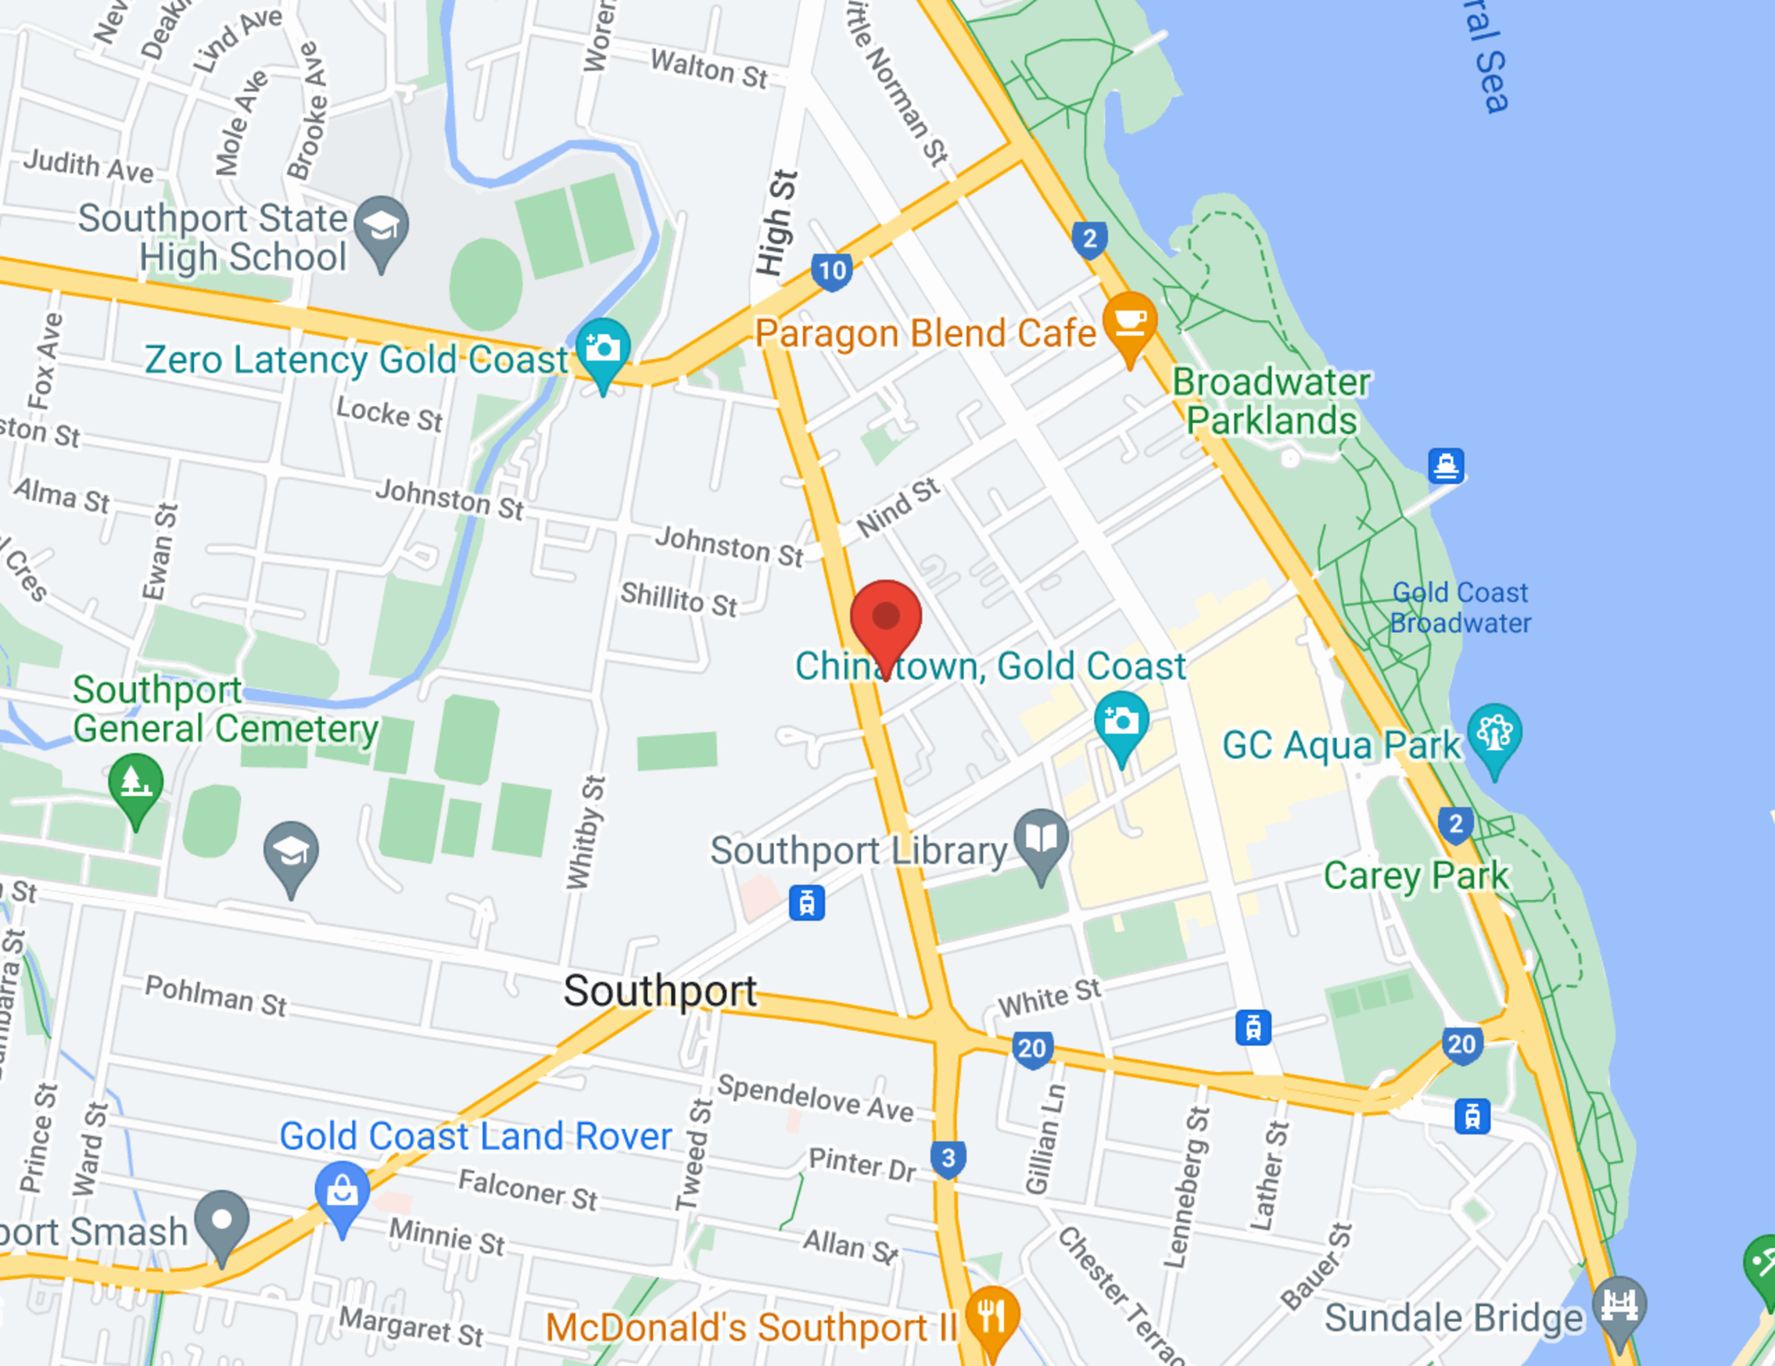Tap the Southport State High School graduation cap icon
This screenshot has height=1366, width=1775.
381,227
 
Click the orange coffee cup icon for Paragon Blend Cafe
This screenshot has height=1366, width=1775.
1130,324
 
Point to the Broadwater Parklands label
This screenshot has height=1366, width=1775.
1271,401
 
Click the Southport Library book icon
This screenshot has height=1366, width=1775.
1041,840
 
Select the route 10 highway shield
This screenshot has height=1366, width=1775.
832,270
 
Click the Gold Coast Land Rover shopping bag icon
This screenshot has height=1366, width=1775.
342,1192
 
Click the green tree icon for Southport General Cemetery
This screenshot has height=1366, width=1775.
136,784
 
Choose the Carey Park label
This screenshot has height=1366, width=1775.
1416,876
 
